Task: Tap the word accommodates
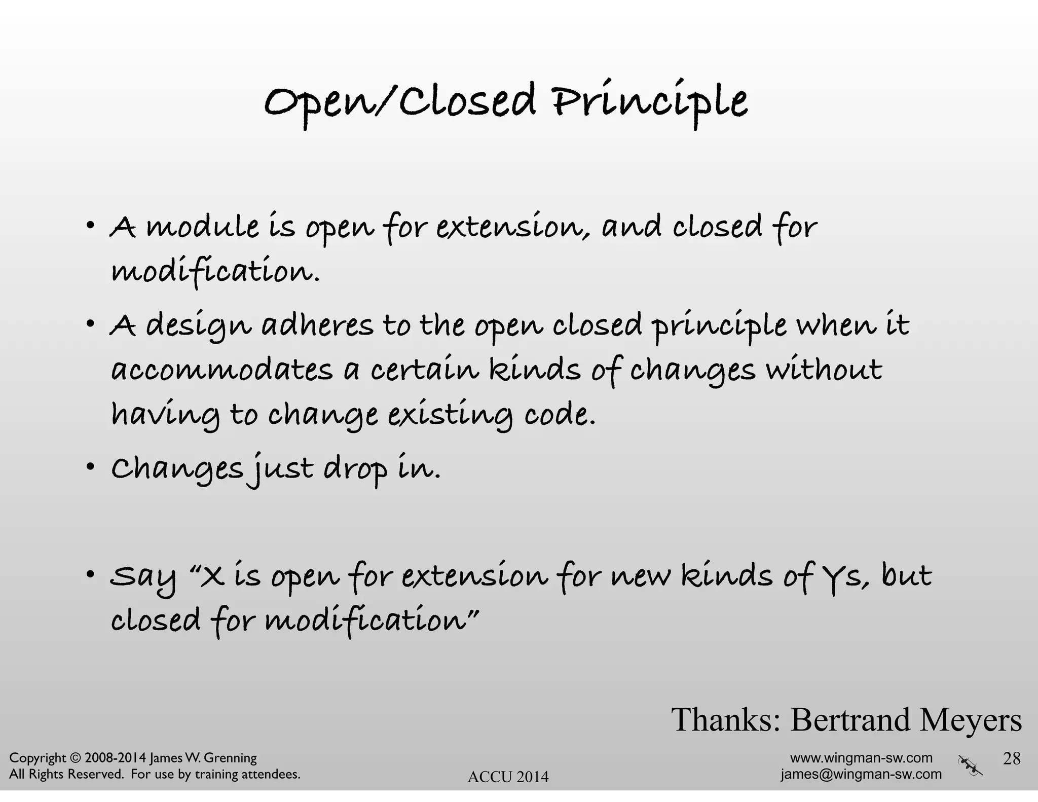coord(222,370)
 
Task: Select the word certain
coord(424,370)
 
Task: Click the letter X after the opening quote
coord(212,576)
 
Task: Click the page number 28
coord(1012,758)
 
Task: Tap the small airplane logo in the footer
coord(970,765)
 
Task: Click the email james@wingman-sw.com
coord(861,774)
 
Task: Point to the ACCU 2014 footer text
coord(508,777)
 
